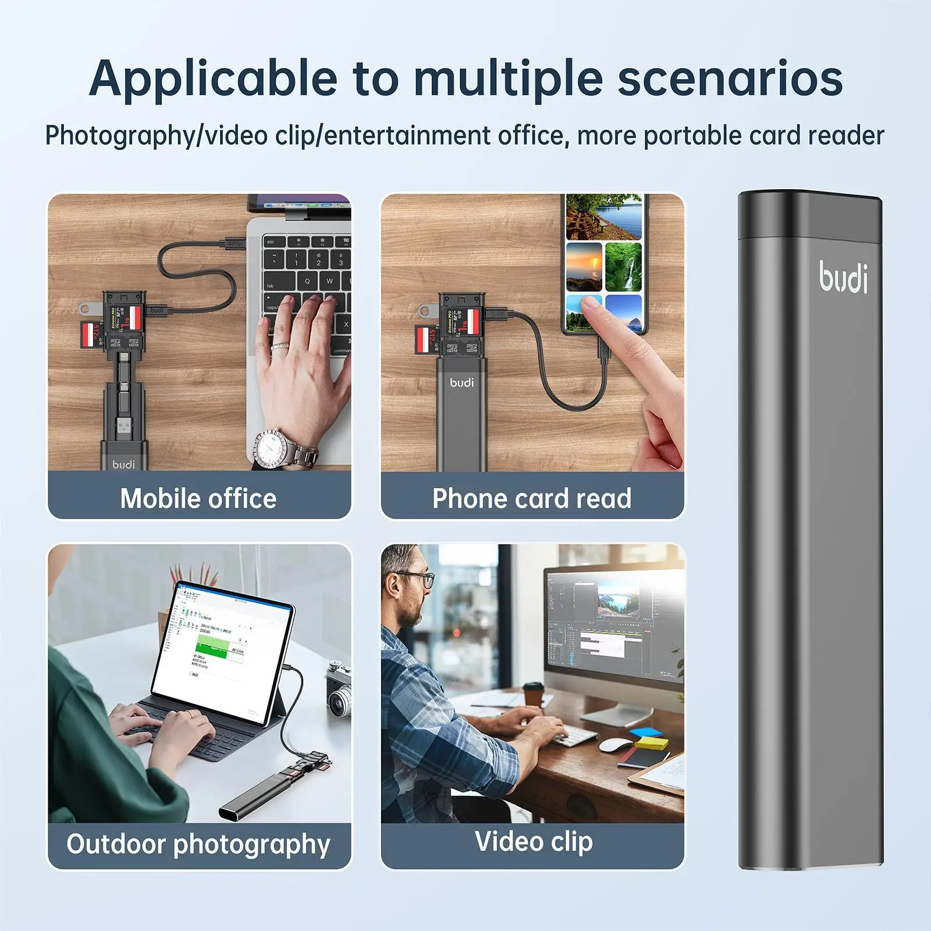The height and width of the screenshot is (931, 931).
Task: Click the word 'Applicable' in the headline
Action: [x=213, y=79]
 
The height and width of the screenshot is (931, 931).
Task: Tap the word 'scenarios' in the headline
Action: [x=730, y=79]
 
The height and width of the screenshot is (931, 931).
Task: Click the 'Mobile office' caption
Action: [x=198, y=499]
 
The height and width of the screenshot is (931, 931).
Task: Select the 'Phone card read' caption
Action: [x=532, y=499]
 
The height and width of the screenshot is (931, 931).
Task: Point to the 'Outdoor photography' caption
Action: [x=198, y=844]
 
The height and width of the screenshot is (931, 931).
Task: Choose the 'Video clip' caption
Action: [x=534, y=841]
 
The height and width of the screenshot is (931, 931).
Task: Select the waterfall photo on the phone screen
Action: [x=623, y=266]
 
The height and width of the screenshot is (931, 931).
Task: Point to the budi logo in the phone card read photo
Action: [x=462, y=382]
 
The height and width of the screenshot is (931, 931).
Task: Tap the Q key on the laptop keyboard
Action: [x=307, y=281]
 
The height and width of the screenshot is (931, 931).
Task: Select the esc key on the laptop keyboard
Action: [x=271, y=241]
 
